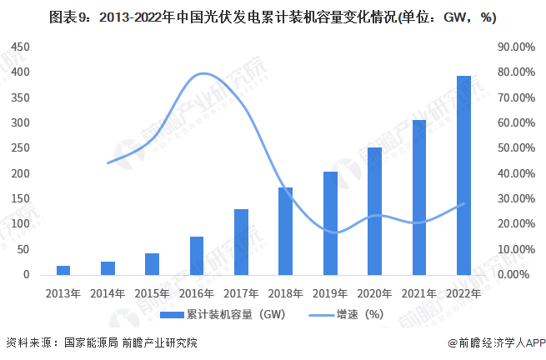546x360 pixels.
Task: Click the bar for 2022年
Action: tap(463, 175)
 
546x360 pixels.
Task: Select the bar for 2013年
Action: tap(63, 270)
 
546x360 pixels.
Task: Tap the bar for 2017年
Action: tap(241, 242)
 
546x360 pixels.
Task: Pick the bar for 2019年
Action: tap(330, 222)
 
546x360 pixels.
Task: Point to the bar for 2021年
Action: tap(419, 197)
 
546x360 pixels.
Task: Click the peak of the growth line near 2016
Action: tap(203, 74)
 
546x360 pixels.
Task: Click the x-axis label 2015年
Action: tap(152, 292)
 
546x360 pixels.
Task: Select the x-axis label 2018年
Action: tap(285, 292)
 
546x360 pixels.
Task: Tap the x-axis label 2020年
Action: tap(374, 292)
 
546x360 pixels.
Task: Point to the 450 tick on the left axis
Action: tap(22, 47)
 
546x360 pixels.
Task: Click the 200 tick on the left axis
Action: tap(22, 173)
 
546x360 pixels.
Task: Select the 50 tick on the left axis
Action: tap(24, 249)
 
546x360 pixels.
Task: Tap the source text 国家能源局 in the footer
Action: tap(89, 342)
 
